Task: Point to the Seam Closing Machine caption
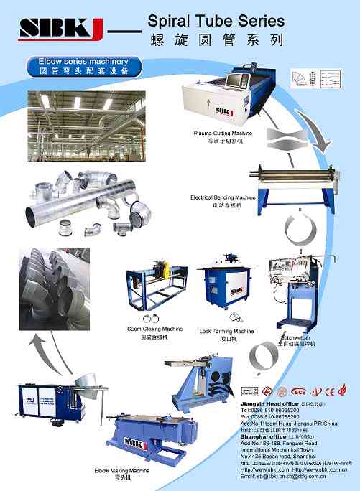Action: (x=155, y=329)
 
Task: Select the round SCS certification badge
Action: (x=298, y=391)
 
